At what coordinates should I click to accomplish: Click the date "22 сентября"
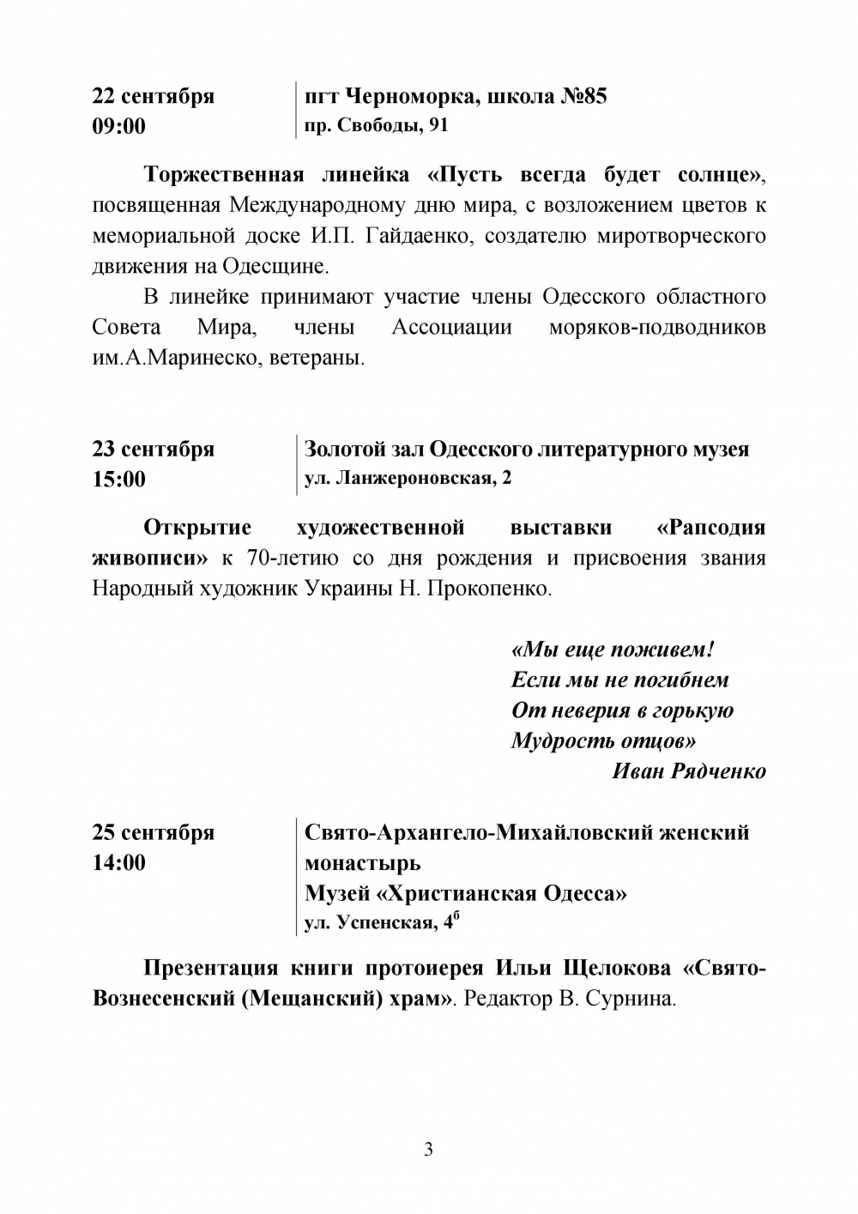(154, 96)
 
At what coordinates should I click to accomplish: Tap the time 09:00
(119, 127)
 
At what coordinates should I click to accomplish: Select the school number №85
(583, 96)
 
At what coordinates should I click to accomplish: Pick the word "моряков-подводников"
(657, 328)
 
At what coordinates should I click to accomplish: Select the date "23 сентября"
(154, 449)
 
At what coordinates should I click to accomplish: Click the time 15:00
(119, 480)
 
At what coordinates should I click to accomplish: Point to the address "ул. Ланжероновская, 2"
(408, 479)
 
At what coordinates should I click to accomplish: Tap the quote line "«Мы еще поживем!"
(613, 649)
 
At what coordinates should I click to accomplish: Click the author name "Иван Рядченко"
(689, 770)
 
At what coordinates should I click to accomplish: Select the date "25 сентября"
(154, 832)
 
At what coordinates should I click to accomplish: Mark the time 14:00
(119, 863)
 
